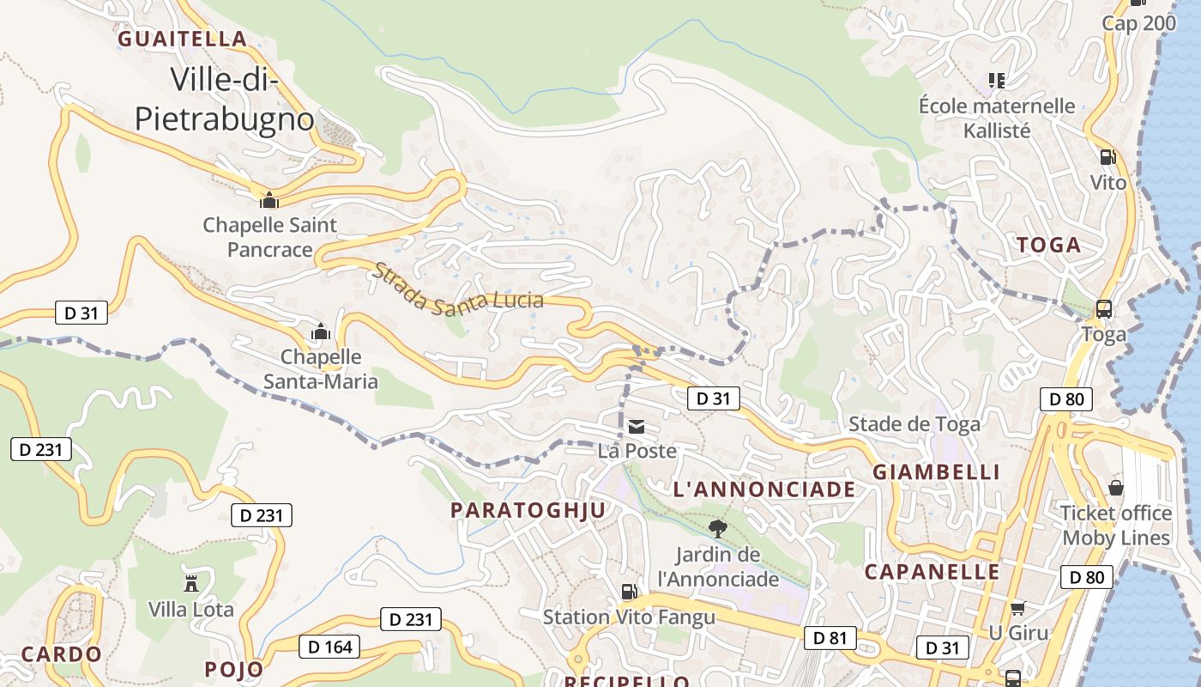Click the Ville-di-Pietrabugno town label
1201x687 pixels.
point(224,99)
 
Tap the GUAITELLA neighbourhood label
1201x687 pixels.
point(183,39)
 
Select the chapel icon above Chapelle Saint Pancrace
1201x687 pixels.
point(269,200)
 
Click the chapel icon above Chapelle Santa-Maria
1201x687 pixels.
point(321,331)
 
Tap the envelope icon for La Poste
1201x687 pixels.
point(636,427)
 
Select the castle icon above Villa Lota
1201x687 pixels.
point(190,583)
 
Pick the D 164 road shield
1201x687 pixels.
point(329,647)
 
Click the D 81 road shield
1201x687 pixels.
point(830,637)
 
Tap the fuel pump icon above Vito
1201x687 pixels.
point(1107,157)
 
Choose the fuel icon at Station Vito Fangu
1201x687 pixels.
point(629,592)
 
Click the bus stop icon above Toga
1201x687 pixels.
point(1104,309)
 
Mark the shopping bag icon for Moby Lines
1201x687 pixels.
point(1116,488)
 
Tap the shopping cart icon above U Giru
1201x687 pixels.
point(1018,608)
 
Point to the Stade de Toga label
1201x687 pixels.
point(914,423)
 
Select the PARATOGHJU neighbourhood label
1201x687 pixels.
point(528,510)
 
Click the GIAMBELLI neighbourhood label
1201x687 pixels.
point(936,471)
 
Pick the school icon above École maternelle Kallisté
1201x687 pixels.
point(996,81)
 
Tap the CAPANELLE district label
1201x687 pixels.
point(932,572)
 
